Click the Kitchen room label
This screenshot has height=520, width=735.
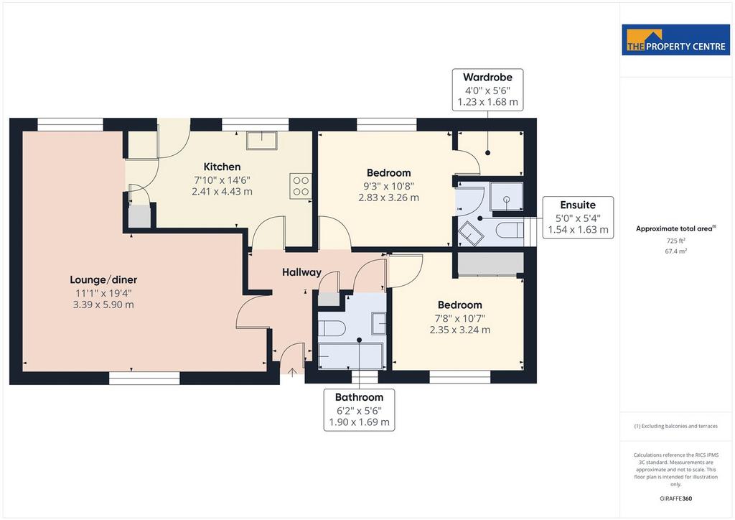tap(223, 167)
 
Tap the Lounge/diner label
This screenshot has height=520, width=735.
tap(103, 280)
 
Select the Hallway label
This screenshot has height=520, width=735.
tap(301, 272)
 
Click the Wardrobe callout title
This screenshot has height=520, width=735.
tap(487, 78)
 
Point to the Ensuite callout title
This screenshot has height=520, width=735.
tap(578, 205)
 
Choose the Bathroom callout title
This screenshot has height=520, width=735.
tap(359, 397)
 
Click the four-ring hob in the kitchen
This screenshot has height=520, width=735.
tap(301, 186)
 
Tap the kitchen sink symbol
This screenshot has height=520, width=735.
tap(262, 140)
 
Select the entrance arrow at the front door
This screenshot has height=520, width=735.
tap(291, 372)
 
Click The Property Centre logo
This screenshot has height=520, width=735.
tap(675, 40)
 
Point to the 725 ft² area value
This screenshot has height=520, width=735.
tap(676, 241)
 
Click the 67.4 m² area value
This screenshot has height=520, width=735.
tap(676, 251)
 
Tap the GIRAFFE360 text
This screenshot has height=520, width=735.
tap(675, 498)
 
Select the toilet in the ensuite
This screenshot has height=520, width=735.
tap(509, 231)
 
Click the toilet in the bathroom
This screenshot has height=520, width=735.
tap(332, 328)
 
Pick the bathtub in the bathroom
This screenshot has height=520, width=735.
tap(350, 356)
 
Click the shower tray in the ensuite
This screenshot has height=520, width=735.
tap(506, 197)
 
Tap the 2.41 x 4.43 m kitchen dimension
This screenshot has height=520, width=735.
tap(223, 192)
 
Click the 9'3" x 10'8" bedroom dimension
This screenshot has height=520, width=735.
tap(388, 186)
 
